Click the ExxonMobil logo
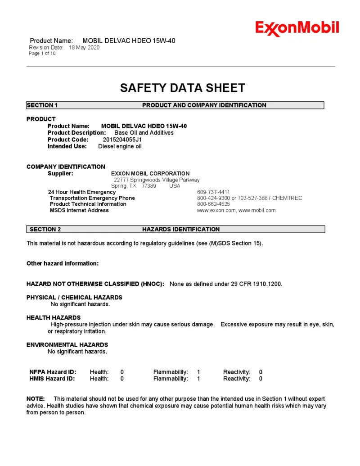point(297,28)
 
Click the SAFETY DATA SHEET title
point(182,88)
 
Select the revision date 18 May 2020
point(84,48)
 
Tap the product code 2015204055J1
point(122,140)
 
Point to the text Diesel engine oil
point(120,146)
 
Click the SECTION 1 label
point(42,105)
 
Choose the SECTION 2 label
point(45,229)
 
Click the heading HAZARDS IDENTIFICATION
point(181,229)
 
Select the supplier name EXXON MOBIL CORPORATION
point(150,173)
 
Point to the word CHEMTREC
point(288,198)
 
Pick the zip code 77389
point(149,186)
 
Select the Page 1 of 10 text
point(42,54)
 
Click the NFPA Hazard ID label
point(53,372)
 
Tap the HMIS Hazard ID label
point(52,379)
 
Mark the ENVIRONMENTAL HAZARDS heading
point(67,345)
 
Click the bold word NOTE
point(36,399)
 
